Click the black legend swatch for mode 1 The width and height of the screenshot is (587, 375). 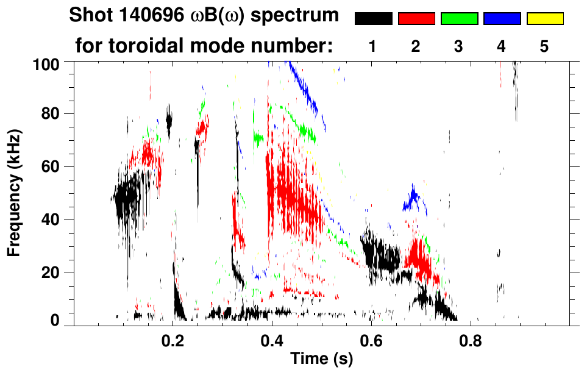[x=373, y=19]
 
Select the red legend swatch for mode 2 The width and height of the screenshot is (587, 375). [x=416, y=19]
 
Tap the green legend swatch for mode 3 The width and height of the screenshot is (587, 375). [x=459, y=19]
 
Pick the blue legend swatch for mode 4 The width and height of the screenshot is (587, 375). [x=502, y=19]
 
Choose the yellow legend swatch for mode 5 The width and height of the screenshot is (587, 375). [x=544, y=19]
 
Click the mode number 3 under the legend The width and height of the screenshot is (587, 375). [x=459, y=46]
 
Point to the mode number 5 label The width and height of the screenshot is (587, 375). [x=544, y=46]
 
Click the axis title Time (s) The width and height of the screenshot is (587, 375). [x=321, y=360]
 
